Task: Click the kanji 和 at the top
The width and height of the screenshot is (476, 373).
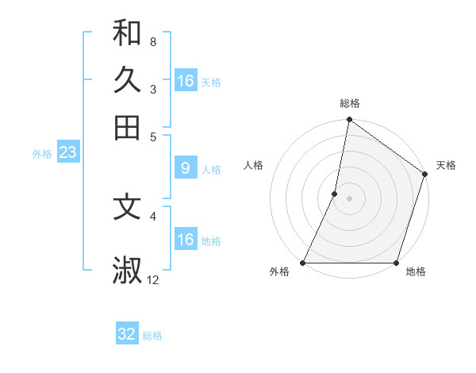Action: [x=127, y=33]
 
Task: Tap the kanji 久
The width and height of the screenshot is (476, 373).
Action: [x=127, y=79]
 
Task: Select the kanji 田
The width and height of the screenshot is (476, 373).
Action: [x=127, y=127]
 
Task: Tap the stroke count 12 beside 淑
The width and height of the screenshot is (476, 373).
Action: [x=153, y=279]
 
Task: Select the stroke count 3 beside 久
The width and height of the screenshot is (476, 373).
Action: [x=153, y=89]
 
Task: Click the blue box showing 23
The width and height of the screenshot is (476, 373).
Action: [x=67, y=153]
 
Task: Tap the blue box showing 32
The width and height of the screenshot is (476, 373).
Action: [x=127, y=334]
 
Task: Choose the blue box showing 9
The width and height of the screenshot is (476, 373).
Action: [x=185, y=168]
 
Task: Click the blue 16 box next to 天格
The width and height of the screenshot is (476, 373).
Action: [x=185, y=81]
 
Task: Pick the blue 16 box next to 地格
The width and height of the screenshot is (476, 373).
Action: [x=185, y=240]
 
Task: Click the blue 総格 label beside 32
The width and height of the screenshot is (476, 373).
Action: [x=152, y=336]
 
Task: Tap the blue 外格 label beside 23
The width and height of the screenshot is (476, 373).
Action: [x=42, y=154]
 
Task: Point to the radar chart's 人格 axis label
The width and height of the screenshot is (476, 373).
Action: [x=253, y=165]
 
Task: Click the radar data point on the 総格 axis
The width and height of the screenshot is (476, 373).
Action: [x=349, y=121]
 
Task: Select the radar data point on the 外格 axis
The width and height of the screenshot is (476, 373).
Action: [x=303, y=263]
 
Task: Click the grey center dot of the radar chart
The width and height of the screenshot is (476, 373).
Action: [x=349, y=198]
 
